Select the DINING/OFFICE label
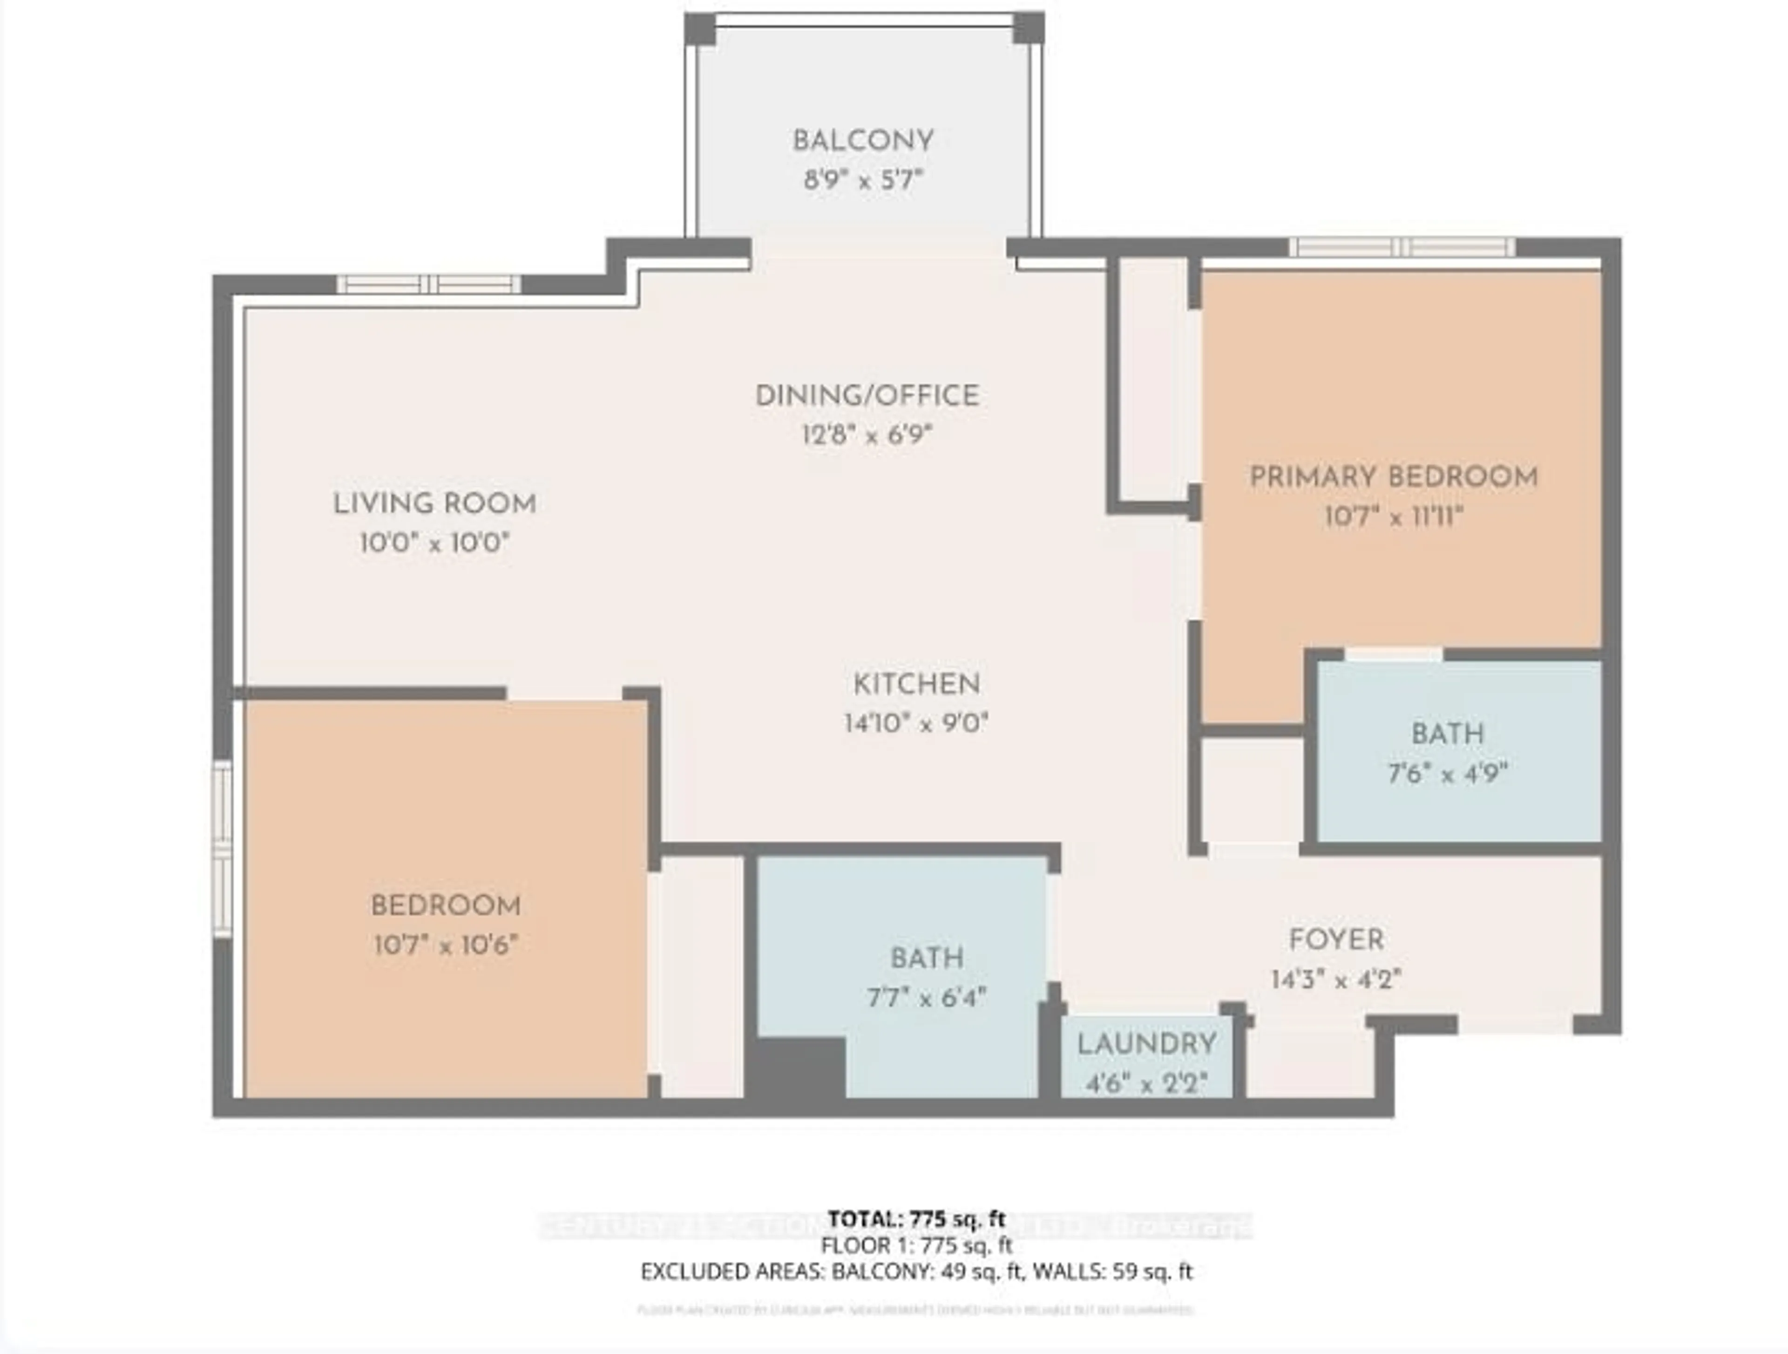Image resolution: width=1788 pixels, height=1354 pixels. pyautogui.click(x=867, y=396)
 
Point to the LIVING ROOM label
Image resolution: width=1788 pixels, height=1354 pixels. pyautogui.click(x=435, y=503)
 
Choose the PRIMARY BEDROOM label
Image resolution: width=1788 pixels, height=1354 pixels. pyautogui.click(x=1394, y=477)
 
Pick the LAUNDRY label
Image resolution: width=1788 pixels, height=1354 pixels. pyautogui.click(x=1146, y=1044)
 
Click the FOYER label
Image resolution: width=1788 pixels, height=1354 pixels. pyautogui.click(x=1336, y=940)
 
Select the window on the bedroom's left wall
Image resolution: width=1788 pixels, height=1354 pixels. pyautogui.click(x=222, y=849)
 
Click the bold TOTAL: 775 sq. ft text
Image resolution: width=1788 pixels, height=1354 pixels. pyautogui.click(x=917, y=1218)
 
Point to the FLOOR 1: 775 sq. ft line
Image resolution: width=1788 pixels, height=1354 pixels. pyautogui.click(x=917, y=1245)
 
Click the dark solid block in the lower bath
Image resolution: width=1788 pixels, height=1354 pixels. pyautogui.click(x=796, y=1068)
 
